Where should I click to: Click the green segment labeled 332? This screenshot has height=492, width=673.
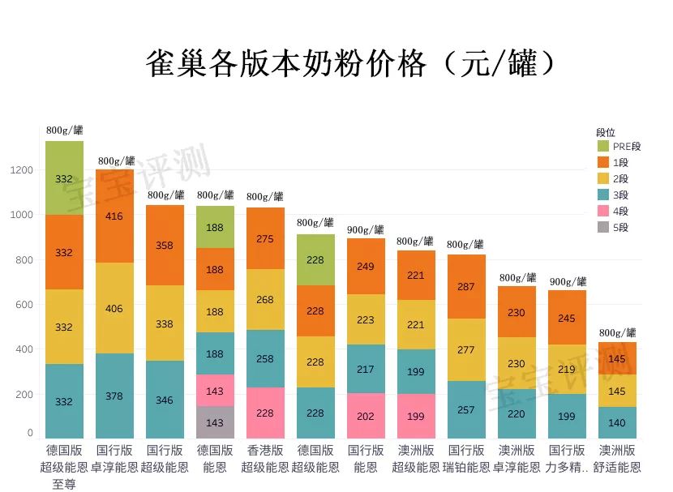point(64,178)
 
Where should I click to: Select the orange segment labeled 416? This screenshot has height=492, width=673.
point(114,216)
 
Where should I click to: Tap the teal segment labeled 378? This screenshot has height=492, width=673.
point(114,396)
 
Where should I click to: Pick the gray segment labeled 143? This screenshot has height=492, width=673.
point(215,422)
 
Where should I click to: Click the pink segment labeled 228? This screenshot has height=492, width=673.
point(265,413)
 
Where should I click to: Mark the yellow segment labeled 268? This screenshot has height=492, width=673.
point(265,300)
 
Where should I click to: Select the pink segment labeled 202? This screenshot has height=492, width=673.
point(366,416)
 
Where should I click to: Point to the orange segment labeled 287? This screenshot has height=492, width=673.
point(466,287)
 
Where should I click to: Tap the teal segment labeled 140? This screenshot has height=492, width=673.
point(617,422)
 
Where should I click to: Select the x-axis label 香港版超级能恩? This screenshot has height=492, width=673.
point(265,459)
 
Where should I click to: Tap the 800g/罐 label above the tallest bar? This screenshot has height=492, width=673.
point(64,130)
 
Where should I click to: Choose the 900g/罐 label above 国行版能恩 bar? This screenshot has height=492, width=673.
point(366,230)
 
